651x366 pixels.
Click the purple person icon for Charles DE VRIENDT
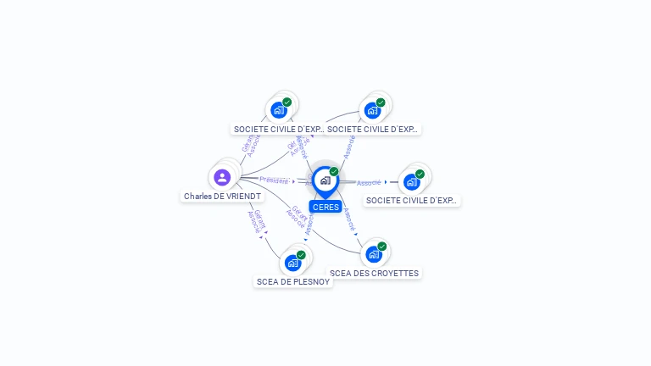click(222, 177)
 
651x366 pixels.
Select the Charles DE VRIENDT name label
click(222, 196)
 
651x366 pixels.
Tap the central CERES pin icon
click(325, 180)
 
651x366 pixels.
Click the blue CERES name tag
click(325, 207)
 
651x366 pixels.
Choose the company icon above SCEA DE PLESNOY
click(292, 262)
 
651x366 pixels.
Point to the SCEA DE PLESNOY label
click(293, 281)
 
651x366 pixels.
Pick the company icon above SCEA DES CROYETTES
click(374, 253)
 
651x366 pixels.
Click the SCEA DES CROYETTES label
click(374, 273)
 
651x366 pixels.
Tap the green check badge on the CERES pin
click(334, 172)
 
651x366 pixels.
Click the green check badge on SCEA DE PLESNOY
click(301, 254)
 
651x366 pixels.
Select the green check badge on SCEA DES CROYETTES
click(382, 246)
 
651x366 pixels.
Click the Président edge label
click(274, 180)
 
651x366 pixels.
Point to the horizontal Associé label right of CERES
click(368, 182)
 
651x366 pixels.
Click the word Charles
click(198, 196)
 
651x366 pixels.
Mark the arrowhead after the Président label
click(293, 180)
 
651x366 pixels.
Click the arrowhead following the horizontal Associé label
click(386, 181)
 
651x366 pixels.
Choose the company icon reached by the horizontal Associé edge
click(412, 181)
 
